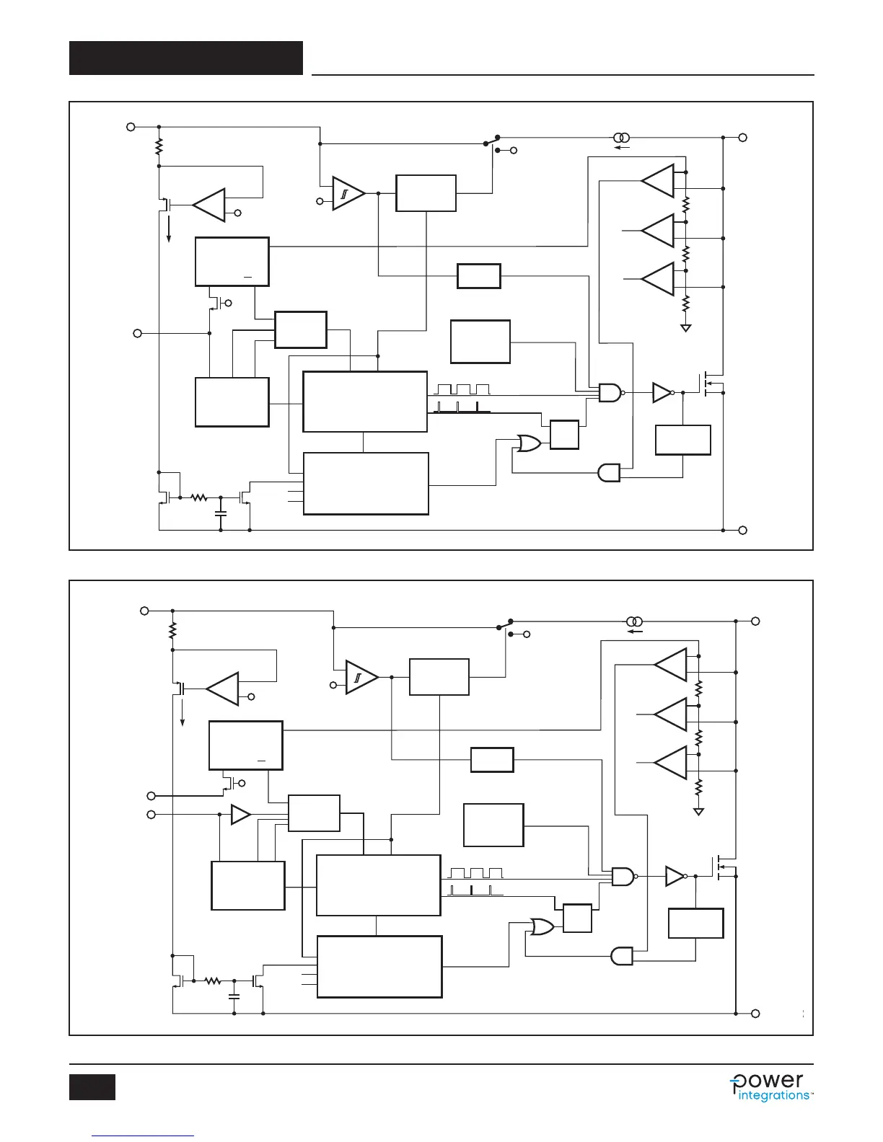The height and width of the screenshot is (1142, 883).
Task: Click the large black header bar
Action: tap(186, 58)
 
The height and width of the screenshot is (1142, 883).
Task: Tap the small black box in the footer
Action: tap(92, 1087)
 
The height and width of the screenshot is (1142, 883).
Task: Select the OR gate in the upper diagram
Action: tap(529, 444)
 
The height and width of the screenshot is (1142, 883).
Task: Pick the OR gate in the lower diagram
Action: tap(542, 927)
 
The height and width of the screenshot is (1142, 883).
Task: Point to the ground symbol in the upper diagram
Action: tap(686, 328)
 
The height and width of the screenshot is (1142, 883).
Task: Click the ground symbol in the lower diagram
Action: tap(698, 812)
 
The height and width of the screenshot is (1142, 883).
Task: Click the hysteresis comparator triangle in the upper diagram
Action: tap(347, 193)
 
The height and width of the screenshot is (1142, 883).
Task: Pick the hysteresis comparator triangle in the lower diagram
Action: tap(360, 677)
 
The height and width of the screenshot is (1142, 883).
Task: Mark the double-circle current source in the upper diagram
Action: tap(620, 138)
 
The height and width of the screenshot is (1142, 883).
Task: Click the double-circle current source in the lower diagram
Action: tap(633, 621)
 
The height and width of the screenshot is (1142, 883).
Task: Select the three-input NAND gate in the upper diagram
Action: tap(610, 393)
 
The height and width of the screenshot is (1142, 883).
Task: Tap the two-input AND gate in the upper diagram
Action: tap(609, 473)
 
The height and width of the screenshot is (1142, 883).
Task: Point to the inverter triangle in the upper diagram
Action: tap(661, 393)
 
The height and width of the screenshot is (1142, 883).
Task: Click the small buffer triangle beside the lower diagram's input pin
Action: tap(240, 815)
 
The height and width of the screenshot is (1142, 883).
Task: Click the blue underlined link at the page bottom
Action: tap(144, 1136)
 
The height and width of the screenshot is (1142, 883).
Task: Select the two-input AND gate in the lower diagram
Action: tap(621, 956)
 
